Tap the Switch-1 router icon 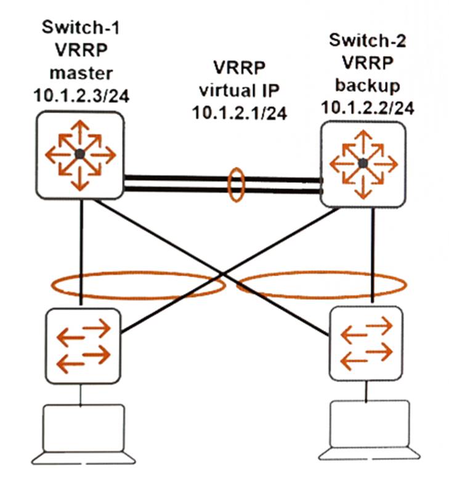click(79, 154)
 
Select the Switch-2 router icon click(363, 163)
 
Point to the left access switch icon click(83, 345)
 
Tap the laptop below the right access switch click(369, 430)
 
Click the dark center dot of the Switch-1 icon click(79, 154)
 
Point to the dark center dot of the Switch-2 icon click(363, 163)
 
